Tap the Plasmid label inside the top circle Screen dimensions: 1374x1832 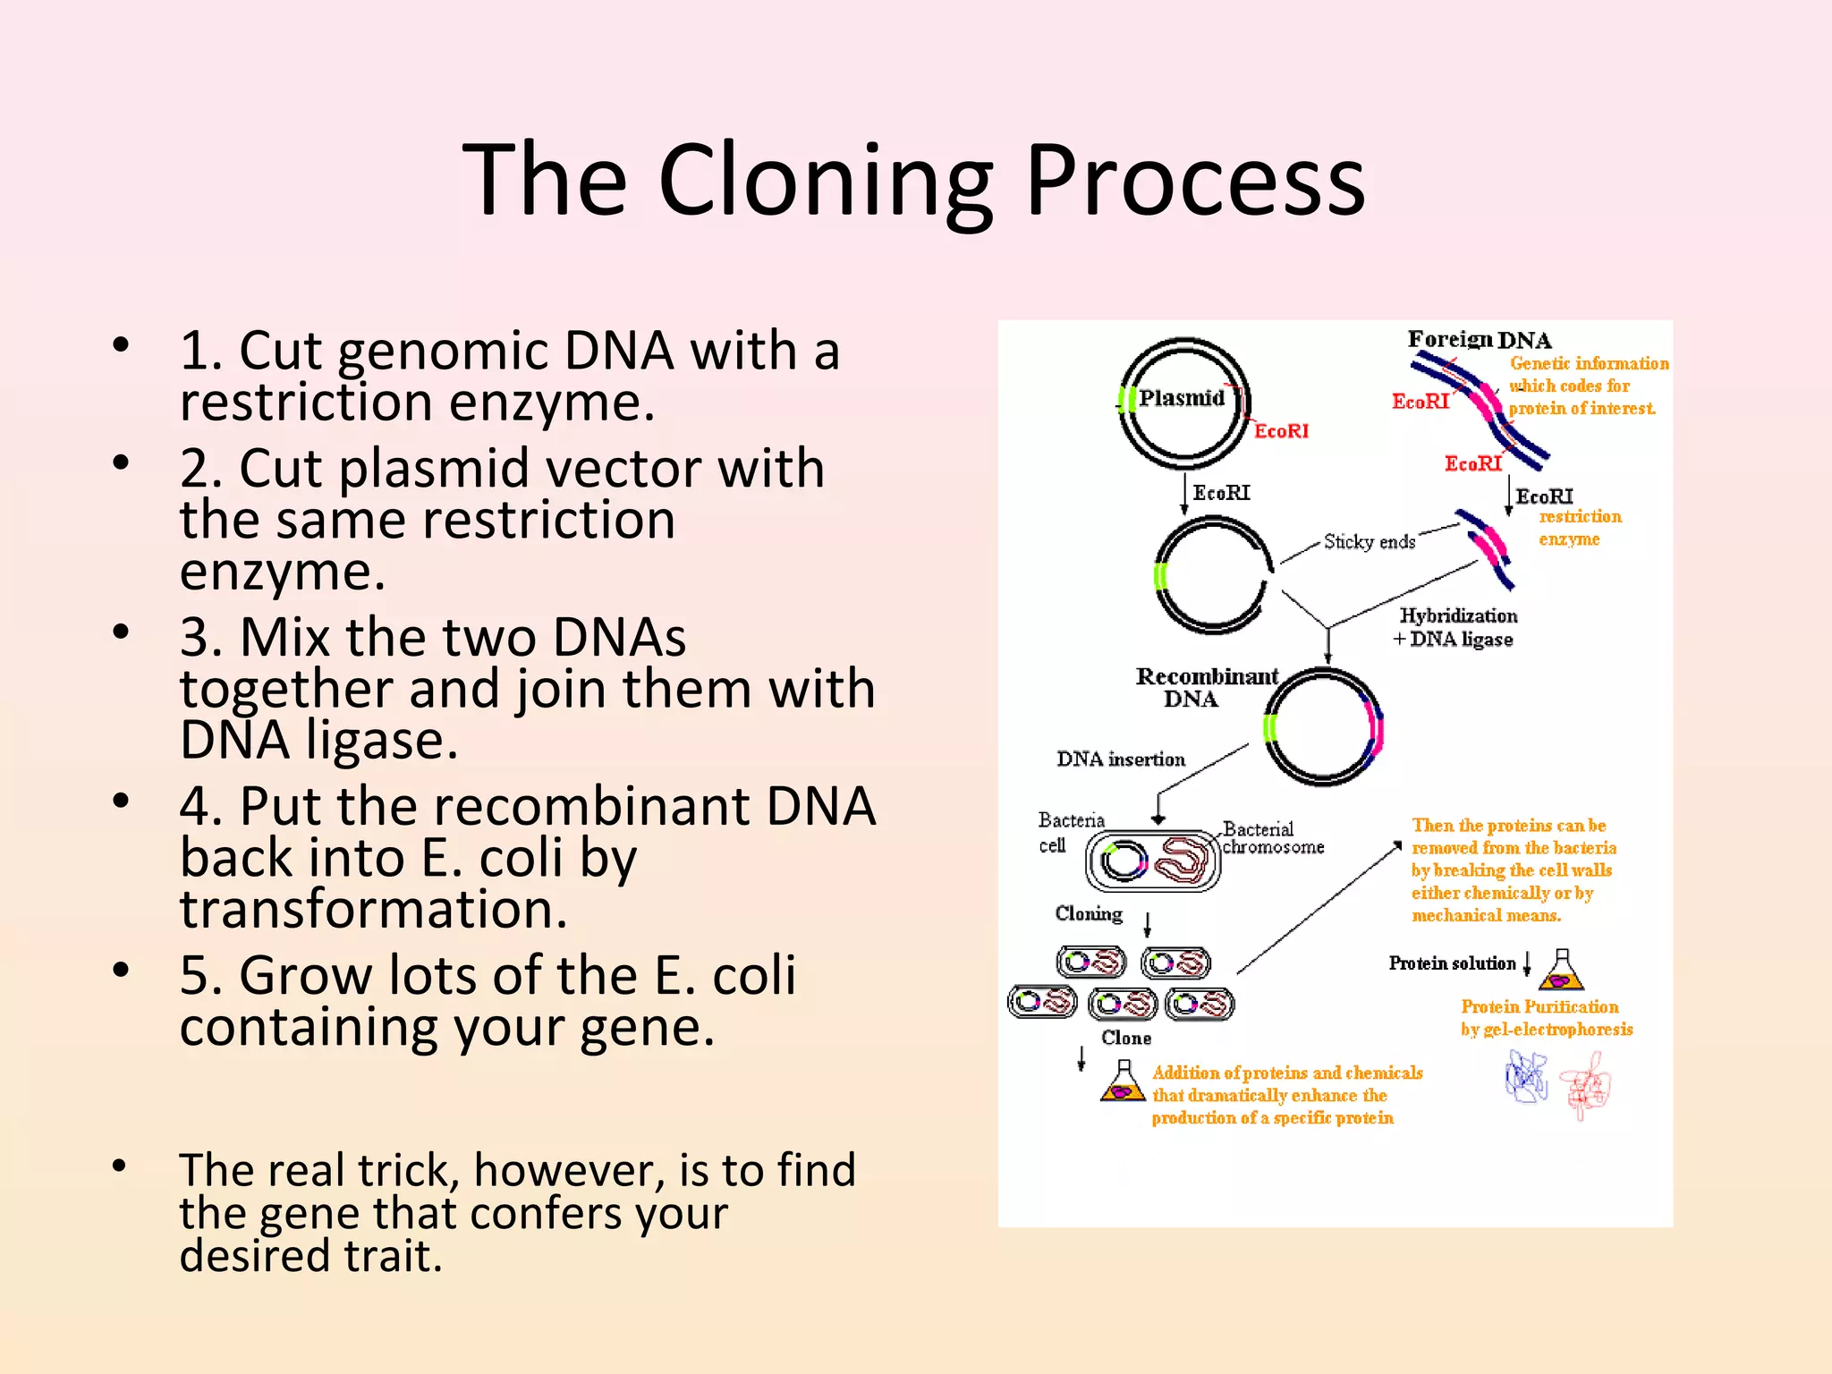1181,398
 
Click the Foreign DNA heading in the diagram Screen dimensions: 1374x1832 1479,340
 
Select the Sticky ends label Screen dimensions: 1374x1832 1369,541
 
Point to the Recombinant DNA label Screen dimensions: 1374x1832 1205,687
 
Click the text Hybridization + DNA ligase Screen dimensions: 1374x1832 1456,627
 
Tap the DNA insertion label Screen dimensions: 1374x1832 1120,759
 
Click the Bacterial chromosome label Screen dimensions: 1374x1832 1272,838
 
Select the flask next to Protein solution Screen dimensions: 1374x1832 1562,970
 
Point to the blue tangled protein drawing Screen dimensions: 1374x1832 1526,1077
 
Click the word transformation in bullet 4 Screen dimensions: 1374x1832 373,909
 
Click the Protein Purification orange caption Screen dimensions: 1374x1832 1546,1018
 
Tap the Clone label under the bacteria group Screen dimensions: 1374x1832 1125,1038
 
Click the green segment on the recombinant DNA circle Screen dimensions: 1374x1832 1268,728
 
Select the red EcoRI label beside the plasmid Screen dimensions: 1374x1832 1280,431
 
